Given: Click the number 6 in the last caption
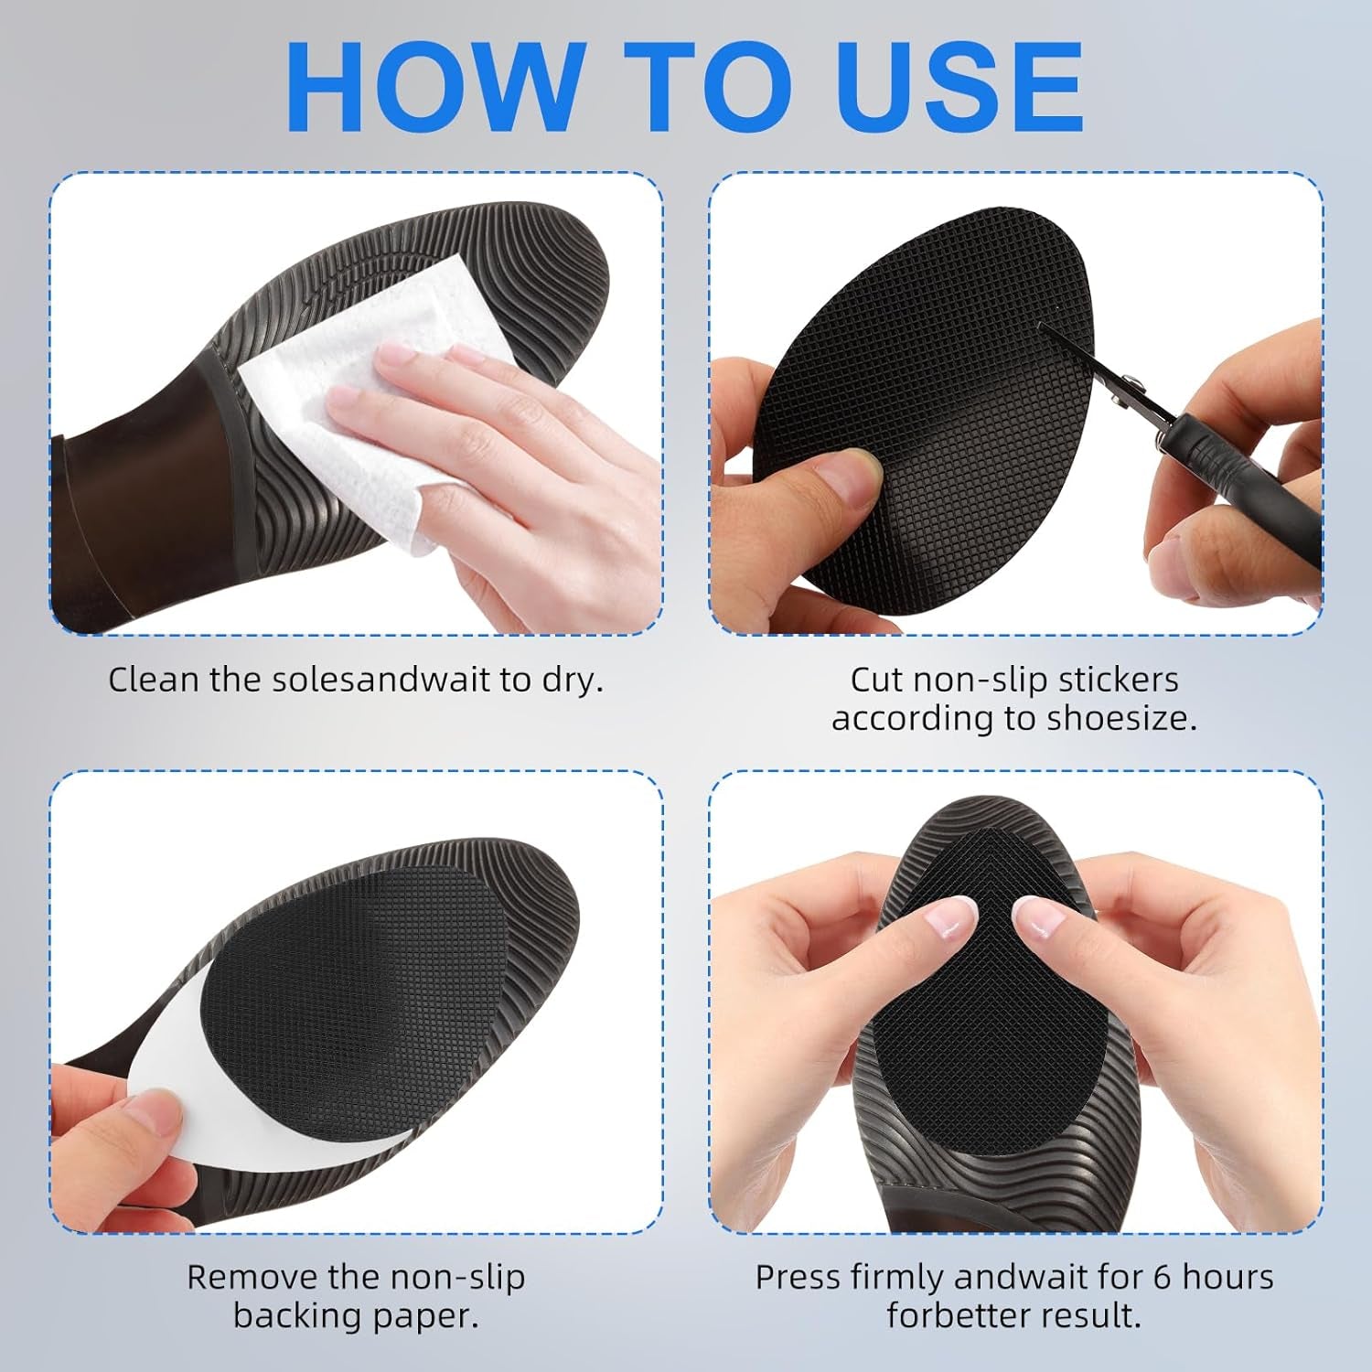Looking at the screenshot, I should [1162, 1277].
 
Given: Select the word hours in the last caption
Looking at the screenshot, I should [1227, 1277].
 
